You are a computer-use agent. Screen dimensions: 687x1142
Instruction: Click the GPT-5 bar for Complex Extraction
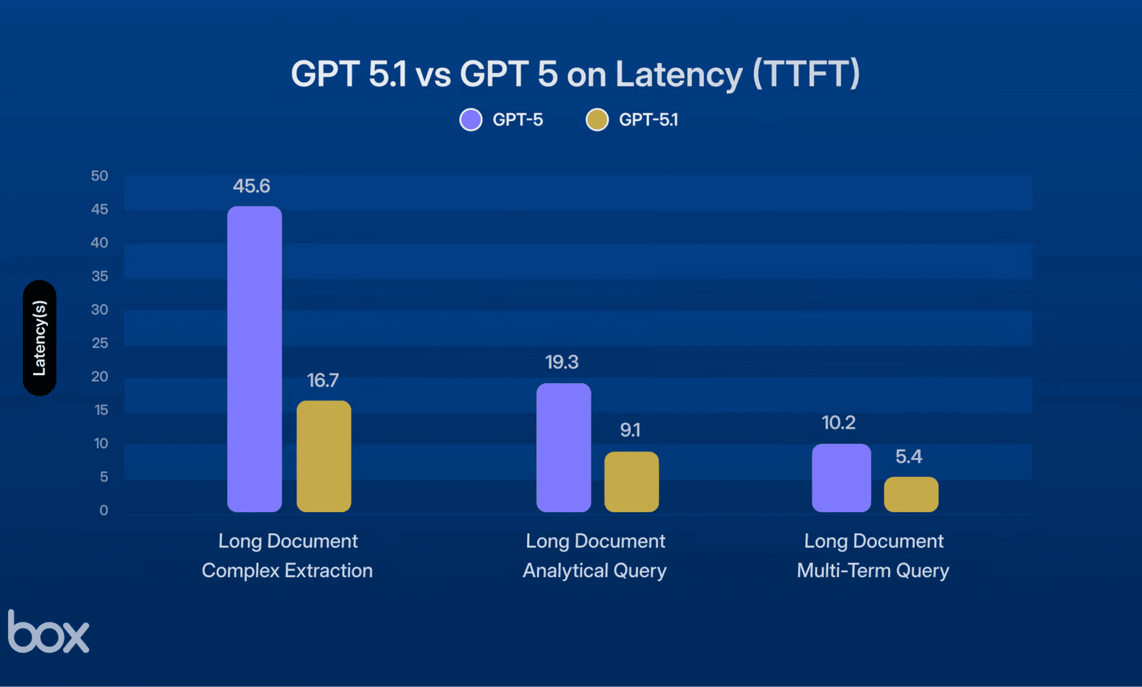(255, 359)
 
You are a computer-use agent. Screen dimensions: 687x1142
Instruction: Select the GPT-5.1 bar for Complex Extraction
(324, 456)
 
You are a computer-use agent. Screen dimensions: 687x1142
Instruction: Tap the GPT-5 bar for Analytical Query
(564, 447)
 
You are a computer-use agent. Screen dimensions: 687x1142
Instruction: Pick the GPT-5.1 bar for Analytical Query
(631, 481)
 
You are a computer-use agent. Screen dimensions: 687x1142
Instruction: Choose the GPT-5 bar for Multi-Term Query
(841, 478)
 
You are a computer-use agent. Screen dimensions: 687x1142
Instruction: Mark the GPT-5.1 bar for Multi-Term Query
(911, 494)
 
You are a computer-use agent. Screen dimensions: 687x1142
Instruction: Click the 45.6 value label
(251, 186)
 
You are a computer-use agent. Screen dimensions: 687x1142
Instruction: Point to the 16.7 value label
(323, 380)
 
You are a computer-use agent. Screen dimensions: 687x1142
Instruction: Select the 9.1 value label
(630, 430)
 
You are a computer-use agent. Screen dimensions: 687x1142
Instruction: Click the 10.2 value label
(839, 423)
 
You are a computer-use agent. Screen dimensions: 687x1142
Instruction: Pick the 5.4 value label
(909, 457)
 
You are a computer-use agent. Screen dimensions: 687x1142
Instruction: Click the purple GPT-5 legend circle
(471, 120)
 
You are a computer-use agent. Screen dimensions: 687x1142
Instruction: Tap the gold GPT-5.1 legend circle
(597, 120)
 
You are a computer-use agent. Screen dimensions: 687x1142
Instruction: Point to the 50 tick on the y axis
(99, 176)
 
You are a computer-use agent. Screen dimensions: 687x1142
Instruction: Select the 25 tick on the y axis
(99, 343)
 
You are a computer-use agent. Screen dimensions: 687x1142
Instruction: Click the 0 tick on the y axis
(104, 510)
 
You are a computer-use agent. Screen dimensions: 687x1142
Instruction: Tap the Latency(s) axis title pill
(39, 338)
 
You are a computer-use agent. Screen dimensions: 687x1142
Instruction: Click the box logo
(49, 631)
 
